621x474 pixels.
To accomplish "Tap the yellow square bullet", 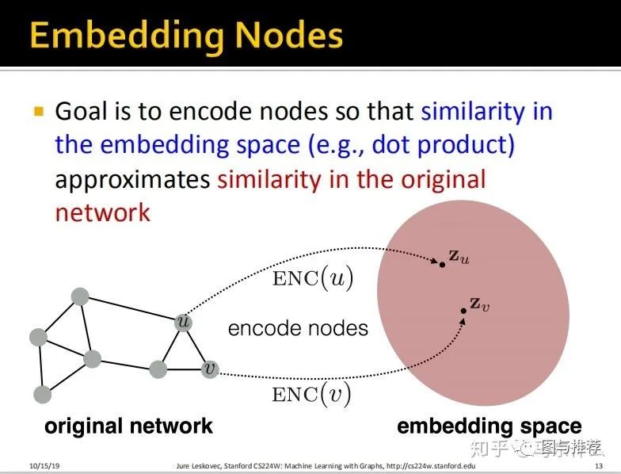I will pos(37,112).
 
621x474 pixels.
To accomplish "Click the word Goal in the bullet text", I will pos(78,112).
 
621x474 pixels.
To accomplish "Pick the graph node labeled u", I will pos(184,322).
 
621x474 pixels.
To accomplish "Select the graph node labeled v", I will pos(209,369).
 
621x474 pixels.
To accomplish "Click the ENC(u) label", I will pos(313,277).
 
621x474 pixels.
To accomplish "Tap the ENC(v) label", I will pos(311,393).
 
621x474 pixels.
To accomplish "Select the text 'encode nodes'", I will pos(298,327).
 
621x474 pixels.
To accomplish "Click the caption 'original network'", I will pos(128,426).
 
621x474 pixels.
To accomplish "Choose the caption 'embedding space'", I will pos(489,426).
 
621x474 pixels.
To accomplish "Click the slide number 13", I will pos(598,465).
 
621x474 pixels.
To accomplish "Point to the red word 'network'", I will pos(102,212).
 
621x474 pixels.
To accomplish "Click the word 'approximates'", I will pos(132,179).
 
